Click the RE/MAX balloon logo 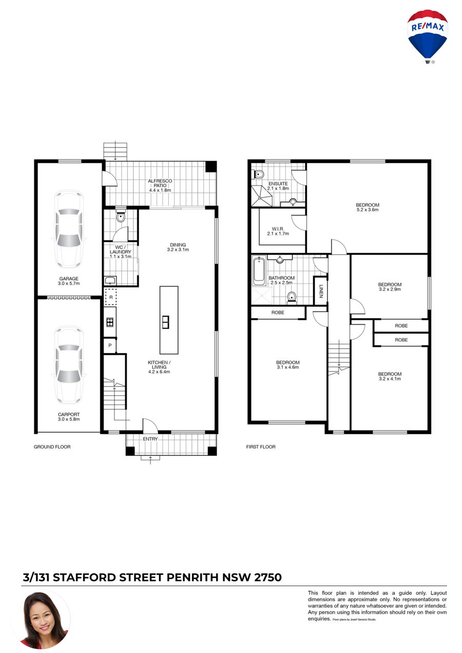point(427,36)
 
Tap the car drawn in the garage point(69,229)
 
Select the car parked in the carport point(69,365)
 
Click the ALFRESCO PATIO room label point(160,185)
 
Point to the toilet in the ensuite point(259,174)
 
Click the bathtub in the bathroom point(259,271)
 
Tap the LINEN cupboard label point(320,291)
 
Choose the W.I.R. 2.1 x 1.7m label point(278,231)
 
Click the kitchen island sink point(165,322)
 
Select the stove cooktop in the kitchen point(110,322)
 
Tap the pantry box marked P point(110,345)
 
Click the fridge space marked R point(111,297)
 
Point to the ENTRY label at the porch point(150,439)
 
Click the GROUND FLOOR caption point(52,447)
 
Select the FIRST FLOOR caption point(261,447)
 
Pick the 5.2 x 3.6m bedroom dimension point(368,210)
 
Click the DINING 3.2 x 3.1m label point(178,247)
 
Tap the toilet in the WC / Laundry point(121,217)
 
